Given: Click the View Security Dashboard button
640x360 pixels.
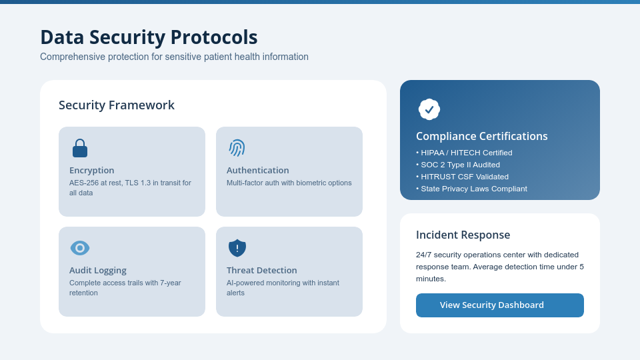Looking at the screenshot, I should [499, 305].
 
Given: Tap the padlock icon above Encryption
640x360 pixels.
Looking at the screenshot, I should [80, 149].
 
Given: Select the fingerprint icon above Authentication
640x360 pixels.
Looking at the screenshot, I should [237, 148].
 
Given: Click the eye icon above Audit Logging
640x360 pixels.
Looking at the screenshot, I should [80, 248].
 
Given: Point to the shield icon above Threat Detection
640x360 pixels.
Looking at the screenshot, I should [237, 248].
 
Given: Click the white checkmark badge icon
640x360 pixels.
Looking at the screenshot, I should [429, 109].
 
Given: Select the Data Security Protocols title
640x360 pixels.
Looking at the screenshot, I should [149, 37].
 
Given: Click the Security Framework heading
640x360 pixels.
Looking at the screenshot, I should [117, 105].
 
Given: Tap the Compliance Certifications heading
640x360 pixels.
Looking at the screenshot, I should [481, 136].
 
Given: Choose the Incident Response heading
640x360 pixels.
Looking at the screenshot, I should [463, 235].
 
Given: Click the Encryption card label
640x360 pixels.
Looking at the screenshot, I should [92, 170].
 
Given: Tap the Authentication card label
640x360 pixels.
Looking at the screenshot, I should [257, 170].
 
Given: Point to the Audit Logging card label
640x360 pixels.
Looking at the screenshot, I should [98, 270].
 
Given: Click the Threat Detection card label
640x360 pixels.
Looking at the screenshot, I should [261, 270].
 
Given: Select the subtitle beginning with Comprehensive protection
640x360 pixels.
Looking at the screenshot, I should [174, 57].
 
